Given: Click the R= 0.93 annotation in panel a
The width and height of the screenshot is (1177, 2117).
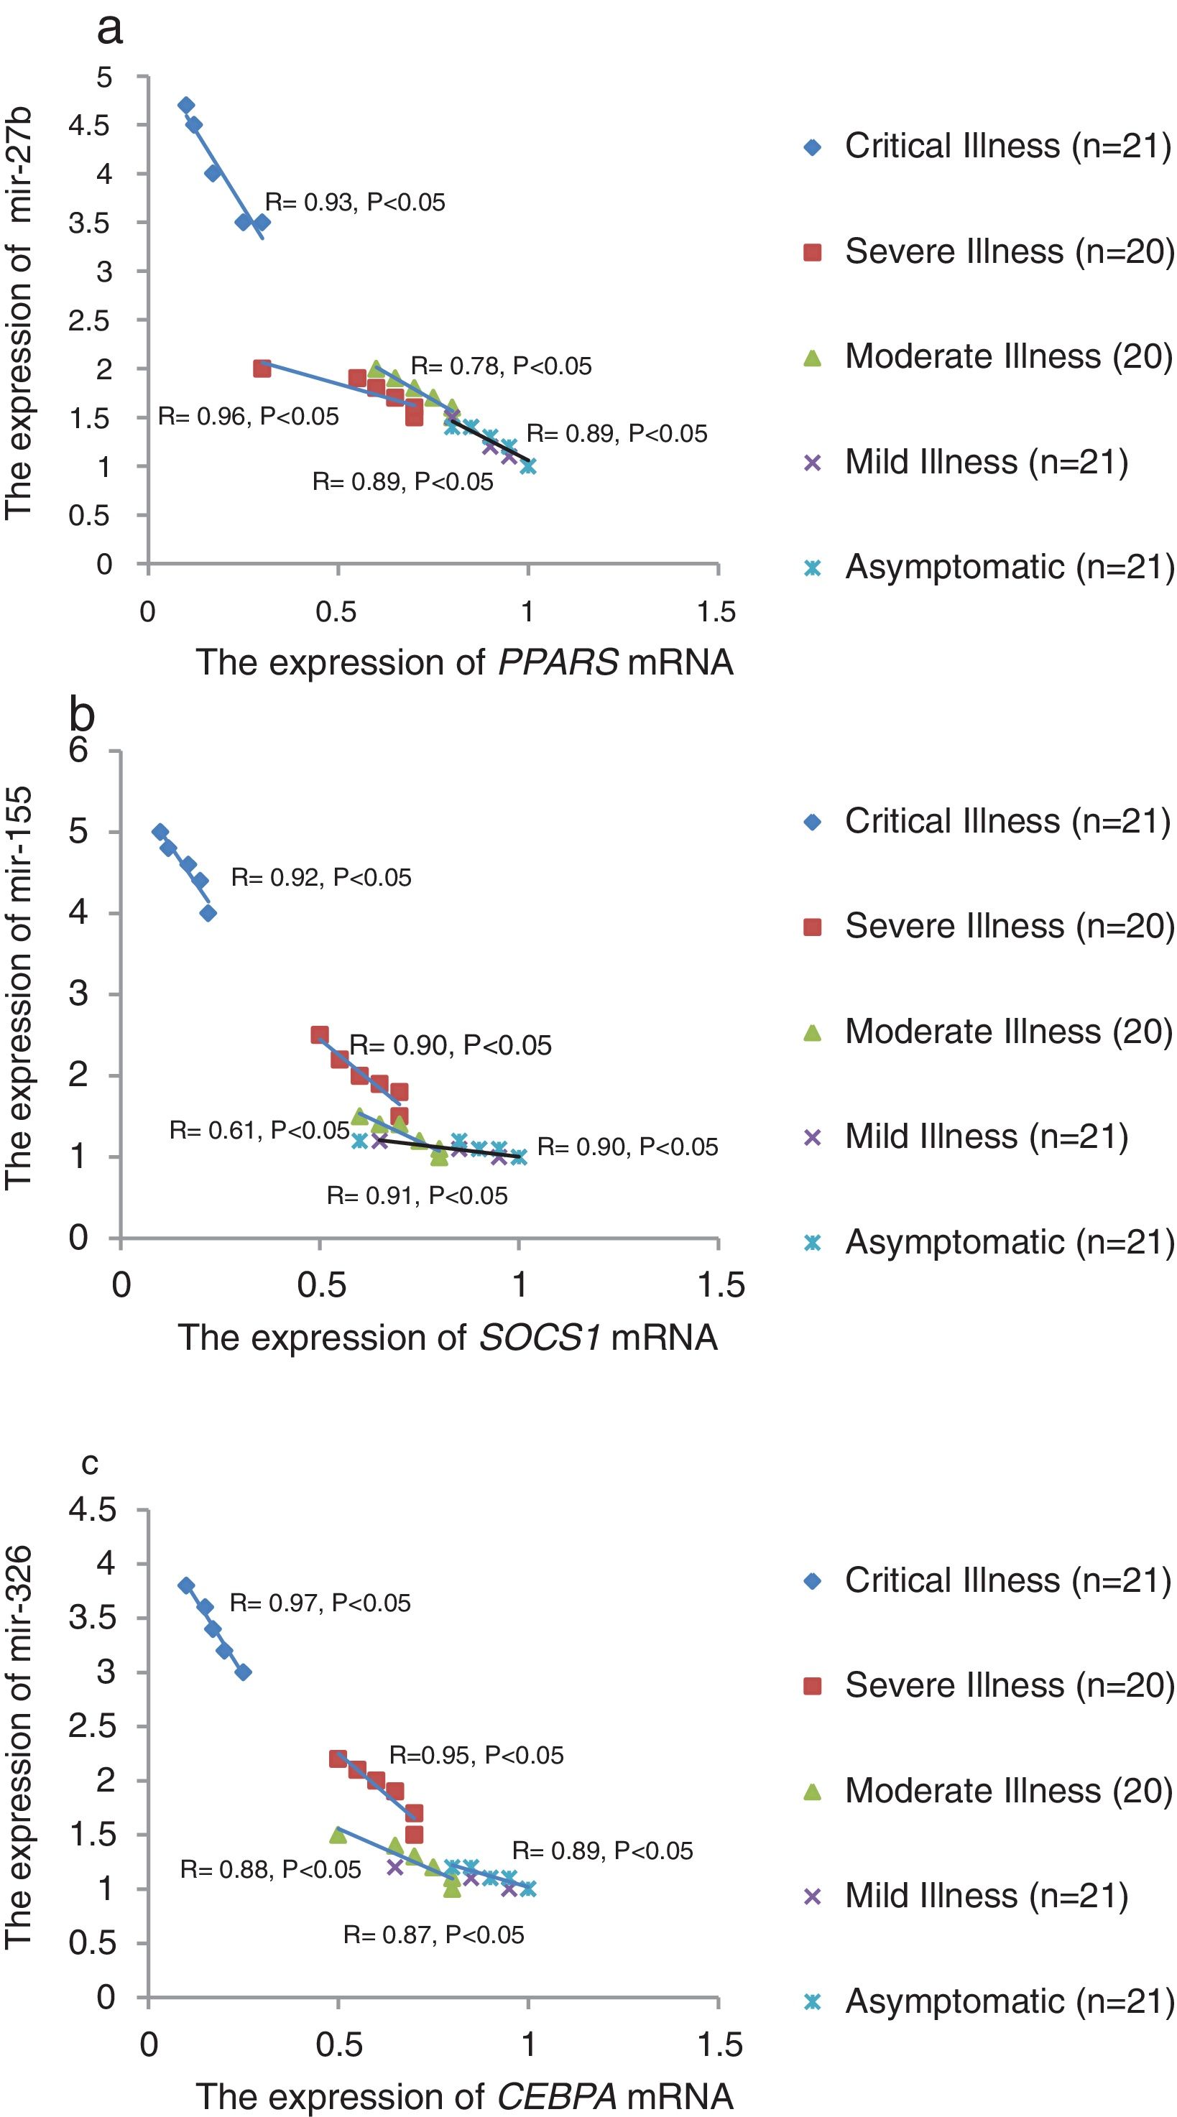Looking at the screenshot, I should pos(354,202).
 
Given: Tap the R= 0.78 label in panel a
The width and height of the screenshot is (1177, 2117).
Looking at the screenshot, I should pos(501,366).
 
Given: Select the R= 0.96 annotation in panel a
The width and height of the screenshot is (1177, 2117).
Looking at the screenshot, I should pos(247,417).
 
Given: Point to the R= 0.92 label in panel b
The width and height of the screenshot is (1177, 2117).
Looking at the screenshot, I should pos(320,878).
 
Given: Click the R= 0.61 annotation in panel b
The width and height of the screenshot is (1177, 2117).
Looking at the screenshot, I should pos(259,1131).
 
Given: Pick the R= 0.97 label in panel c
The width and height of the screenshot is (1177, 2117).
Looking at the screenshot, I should pos(320,1603).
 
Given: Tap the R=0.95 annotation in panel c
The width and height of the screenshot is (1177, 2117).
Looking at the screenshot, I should pos(476,1756).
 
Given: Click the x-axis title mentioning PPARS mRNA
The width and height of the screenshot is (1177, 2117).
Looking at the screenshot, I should pos(463,662).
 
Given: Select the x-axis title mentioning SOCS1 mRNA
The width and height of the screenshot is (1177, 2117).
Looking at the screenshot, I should pos(447,1337).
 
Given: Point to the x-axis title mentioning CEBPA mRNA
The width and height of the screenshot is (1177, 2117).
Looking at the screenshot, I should pos(463,2095).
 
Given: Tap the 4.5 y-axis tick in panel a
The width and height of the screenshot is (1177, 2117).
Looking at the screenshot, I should pos(89,126).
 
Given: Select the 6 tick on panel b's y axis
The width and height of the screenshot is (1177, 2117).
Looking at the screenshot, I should pos(78,749).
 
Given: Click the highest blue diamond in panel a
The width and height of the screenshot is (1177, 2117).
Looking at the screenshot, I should pos(187,105).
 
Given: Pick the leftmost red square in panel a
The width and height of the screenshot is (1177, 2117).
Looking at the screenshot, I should pos(262,369).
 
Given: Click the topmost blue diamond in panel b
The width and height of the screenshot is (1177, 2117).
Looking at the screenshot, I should pos(160,832).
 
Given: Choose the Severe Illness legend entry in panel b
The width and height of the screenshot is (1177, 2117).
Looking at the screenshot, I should pos(989,926).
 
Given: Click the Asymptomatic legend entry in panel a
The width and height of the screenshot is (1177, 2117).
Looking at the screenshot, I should pos(989,567).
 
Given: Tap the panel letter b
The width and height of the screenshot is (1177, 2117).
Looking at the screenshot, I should pos(82,715).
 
